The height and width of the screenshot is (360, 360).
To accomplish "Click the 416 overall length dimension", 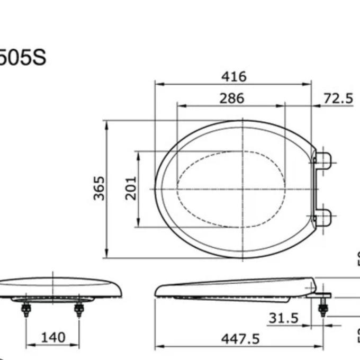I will coord(233,77).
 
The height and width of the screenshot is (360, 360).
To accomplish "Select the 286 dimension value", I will coord(232,98).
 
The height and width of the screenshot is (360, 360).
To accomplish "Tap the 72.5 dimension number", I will coord(338,98).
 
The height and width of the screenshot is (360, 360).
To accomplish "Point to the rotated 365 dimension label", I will coord(100,188).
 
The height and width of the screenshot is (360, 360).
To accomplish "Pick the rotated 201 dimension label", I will coord(131,188).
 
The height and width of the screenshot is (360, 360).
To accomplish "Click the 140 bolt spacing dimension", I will coord(53,337).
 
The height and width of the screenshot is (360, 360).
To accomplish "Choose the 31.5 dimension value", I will coord(283,318).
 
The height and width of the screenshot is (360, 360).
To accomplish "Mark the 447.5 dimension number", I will coord(240,338).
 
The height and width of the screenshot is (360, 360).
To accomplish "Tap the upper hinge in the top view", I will coord(322,161).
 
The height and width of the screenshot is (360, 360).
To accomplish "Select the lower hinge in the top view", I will coord(322,217).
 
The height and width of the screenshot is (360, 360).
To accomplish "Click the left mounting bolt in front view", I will coord(26,308).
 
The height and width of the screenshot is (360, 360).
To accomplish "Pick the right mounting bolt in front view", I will coord(79,308).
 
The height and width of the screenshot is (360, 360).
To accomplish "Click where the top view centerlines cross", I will coord(243,189).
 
